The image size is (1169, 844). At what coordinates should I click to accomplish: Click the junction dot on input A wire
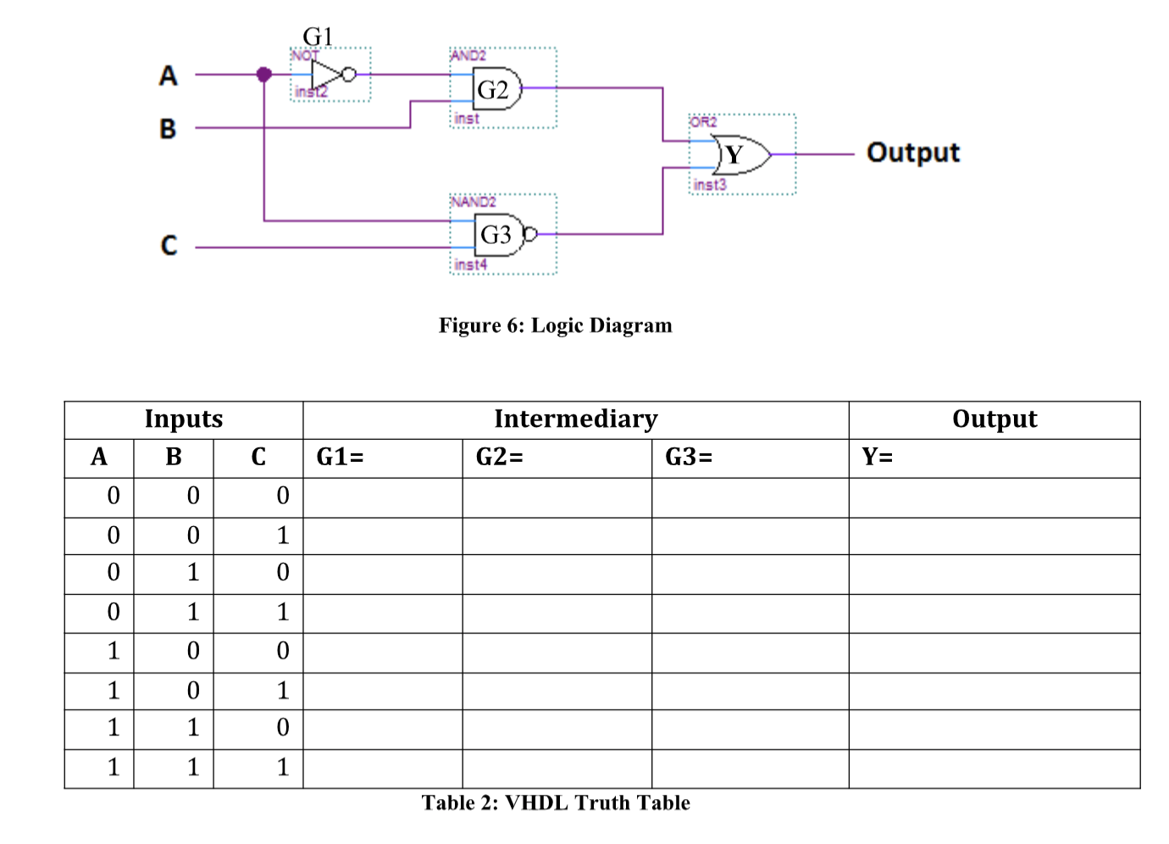coord(264,75)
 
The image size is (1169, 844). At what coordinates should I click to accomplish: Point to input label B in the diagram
coord(168,129)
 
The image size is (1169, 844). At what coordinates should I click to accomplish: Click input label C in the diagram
coord(169,246)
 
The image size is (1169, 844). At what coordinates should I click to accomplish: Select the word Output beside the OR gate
coord(912,153)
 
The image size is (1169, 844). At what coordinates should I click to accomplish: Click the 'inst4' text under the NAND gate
coord(470,265)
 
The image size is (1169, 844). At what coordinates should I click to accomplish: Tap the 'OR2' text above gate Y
coord(703,122)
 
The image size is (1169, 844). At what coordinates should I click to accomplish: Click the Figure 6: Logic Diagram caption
coord(555,325)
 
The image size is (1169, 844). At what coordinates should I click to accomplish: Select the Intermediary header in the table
coord(575,419)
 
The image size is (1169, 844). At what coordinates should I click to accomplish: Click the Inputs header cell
coord(184,419)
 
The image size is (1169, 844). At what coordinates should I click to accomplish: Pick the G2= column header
coord(500,458)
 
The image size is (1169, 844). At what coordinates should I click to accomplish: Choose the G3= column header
coord(689,458)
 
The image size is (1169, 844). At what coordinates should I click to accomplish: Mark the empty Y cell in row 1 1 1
coord(994,769)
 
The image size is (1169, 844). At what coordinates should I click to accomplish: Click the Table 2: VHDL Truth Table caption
coord(556,802)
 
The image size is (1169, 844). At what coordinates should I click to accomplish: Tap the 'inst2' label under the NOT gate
coord(310,92)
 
